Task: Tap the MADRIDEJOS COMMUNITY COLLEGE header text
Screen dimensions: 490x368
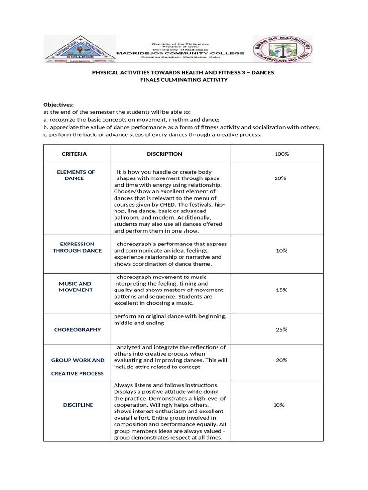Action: pos(181,54)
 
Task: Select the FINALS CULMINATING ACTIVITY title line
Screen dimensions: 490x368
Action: pos(184,80)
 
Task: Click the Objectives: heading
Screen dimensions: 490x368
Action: pos(58,104)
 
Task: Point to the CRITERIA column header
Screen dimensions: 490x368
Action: pos(74,154)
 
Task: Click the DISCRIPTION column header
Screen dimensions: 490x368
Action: pos(164,154)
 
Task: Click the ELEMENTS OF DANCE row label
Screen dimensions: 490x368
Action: pos(76,175)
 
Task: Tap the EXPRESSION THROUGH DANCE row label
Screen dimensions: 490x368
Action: pos(77,247)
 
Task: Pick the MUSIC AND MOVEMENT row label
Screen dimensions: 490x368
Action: pos(75,287)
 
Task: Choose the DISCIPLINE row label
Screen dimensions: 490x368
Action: pos(78,405)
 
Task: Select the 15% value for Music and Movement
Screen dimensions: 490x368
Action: pos(281,290)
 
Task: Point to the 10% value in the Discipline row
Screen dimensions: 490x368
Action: pos(279,405)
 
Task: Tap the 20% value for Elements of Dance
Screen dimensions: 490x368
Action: pos(280,178)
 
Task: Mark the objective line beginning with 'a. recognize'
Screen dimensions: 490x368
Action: pos(131,119)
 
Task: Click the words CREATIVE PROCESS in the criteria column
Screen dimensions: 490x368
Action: pos(77,373)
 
